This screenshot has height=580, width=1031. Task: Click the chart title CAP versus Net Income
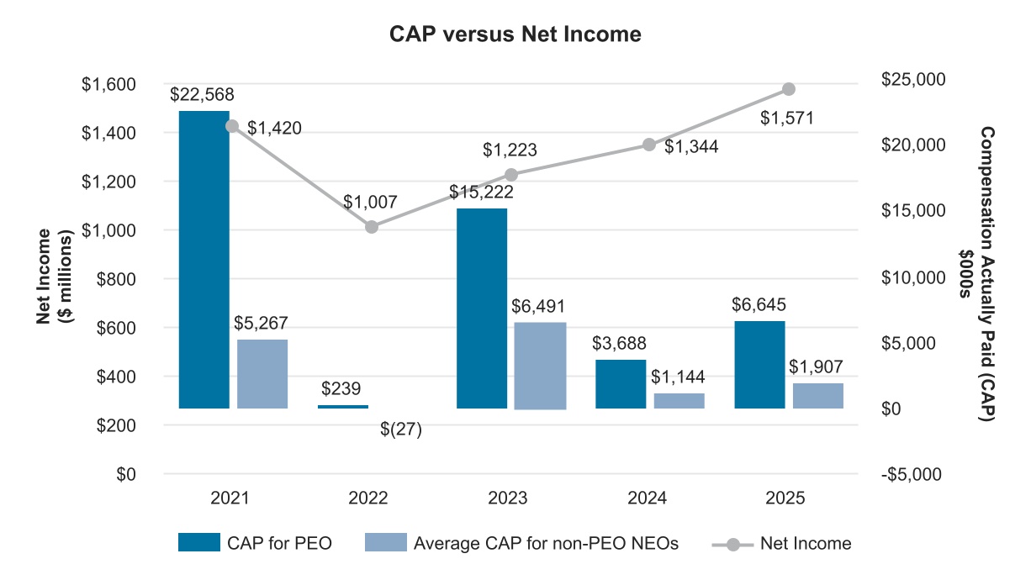(515, 34)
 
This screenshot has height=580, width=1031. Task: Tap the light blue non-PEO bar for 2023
(540, 365)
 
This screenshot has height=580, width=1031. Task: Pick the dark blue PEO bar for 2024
(621, 384)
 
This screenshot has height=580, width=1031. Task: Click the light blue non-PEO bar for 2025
(817, 396)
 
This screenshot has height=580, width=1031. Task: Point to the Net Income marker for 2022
(372, 227)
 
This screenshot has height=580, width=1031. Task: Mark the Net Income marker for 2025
(788, 89)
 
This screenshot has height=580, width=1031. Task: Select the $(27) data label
(400, 430)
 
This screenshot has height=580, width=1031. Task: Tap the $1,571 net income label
(786, 119)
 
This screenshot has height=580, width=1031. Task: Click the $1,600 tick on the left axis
(108, 84)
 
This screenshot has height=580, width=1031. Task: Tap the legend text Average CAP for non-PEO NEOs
(546, 543)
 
